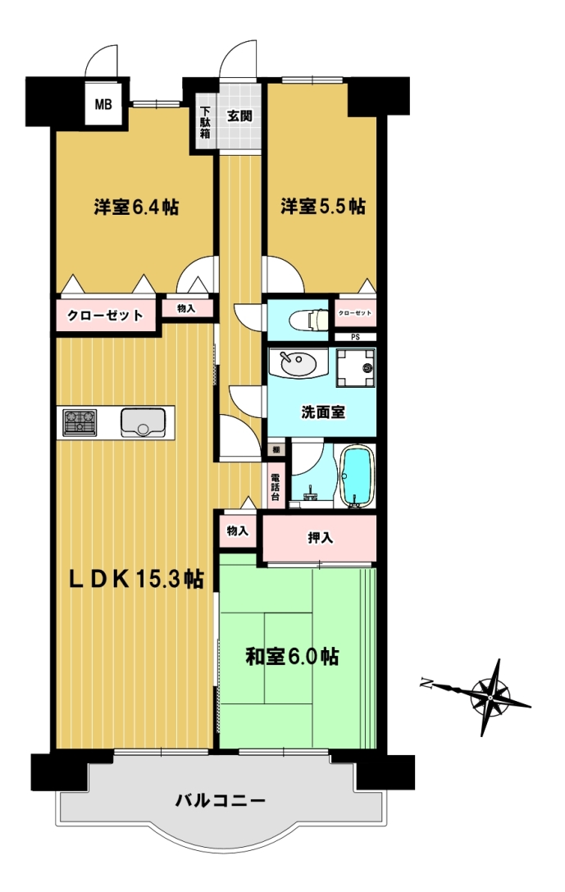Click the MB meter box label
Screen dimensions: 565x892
103,105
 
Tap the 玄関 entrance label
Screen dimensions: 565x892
239,116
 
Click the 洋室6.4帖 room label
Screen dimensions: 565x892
137,207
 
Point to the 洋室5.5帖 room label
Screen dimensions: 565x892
322,206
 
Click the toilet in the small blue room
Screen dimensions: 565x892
308,320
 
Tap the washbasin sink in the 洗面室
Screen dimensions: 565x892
298,363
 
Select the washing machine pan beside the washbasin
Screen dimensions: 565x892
356,368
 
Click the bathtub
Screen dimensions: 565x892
357,476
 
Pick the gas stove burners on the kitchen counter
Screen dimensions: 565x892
79,423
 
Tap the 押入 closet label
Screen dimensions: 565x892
321,538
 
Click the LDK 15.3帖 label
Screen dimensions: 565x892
136,579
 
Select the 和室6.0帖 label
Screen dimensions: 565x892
292,657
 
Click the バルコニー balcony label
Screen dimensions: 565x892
221,801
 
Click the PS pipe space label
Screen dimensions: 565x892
355,337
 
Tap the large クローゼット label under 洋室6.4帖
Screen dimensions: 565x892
105,315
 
